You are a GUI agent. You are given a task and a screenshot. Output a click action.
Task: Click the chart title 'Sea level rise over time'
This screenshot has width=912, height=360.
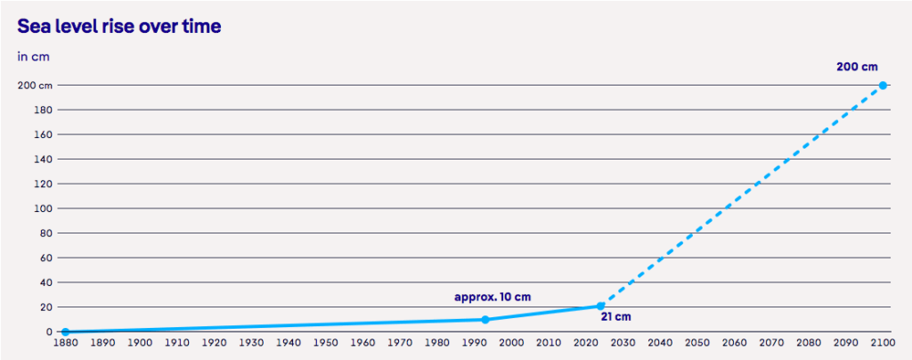tap(119, 27)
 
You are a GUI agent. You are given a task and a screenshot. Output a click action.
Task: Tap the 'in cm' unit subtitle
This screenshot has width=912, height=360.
tap(33, 56)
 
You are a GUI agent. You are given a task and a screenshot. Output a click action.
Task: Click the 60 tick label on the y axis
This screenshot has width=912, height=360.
tap(46, 258)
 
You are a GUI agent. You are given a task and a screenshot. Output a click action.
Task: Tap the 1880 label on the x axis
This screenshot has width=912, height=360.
tap(65, 342)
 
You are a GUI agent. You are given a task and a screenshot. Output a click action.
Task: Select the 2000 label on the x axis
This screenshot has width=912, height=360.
tap(511, 342)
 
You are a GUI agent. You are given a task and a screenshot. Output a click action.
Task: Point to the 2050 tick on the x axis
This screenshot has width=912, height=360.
tap(697, 342)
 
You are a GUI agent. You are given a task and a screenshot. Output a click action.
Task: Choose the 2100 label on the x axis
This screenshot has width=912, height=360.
tap(883, 342)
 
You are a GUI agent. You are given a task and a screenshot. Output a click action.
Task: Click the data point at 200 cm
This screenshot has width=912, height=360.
tap(883, 86)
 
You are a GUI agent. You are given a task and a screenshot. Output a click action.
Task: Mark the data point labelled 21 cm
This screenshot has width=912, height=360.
tap(600, 306)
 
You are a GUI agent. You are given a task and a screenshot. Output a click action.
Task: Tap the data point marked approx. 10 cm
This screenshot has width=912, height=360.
tap(485, 319)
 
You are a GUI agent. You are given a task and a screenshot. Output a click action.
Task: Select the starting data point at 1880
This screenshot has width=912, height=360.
tap(65, 331)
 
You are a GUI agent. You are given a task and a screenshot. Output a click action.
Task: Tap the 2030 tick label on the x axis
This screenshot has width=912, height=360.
tap(623, 342)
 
